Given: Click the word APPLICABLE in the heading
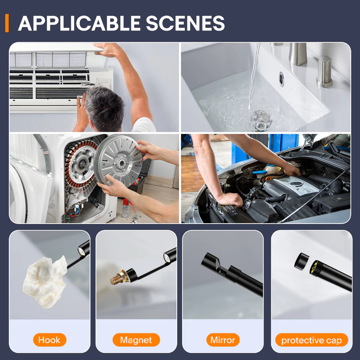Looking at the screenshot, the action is tap(79, 23).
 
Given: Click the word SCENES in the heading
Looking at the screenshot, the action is tap(185, 23).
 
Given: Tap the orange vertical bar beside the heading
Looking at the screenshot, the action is tap(7, 23).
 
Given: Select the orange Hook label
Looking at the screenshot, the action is tap(50, 340).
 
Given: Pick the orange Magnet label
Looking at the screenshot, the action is tap(136, 340).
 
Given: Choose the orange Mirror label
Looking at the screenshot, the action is tap(223, 340).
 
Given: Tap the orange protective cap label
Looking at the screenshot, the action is tap(312, 340).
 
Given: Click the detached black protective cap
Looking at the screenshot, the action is tap(302, 261).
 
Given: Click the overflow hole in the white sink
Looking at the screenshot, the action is tap(282, 79).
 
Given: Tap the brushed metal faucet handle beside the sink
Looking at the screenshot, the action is tap(324, 72).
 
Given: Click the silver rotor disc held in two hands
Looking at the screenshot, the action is tap(118, 160).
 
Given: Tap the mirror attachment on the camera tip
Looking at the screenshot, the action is tap(220, 266).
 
